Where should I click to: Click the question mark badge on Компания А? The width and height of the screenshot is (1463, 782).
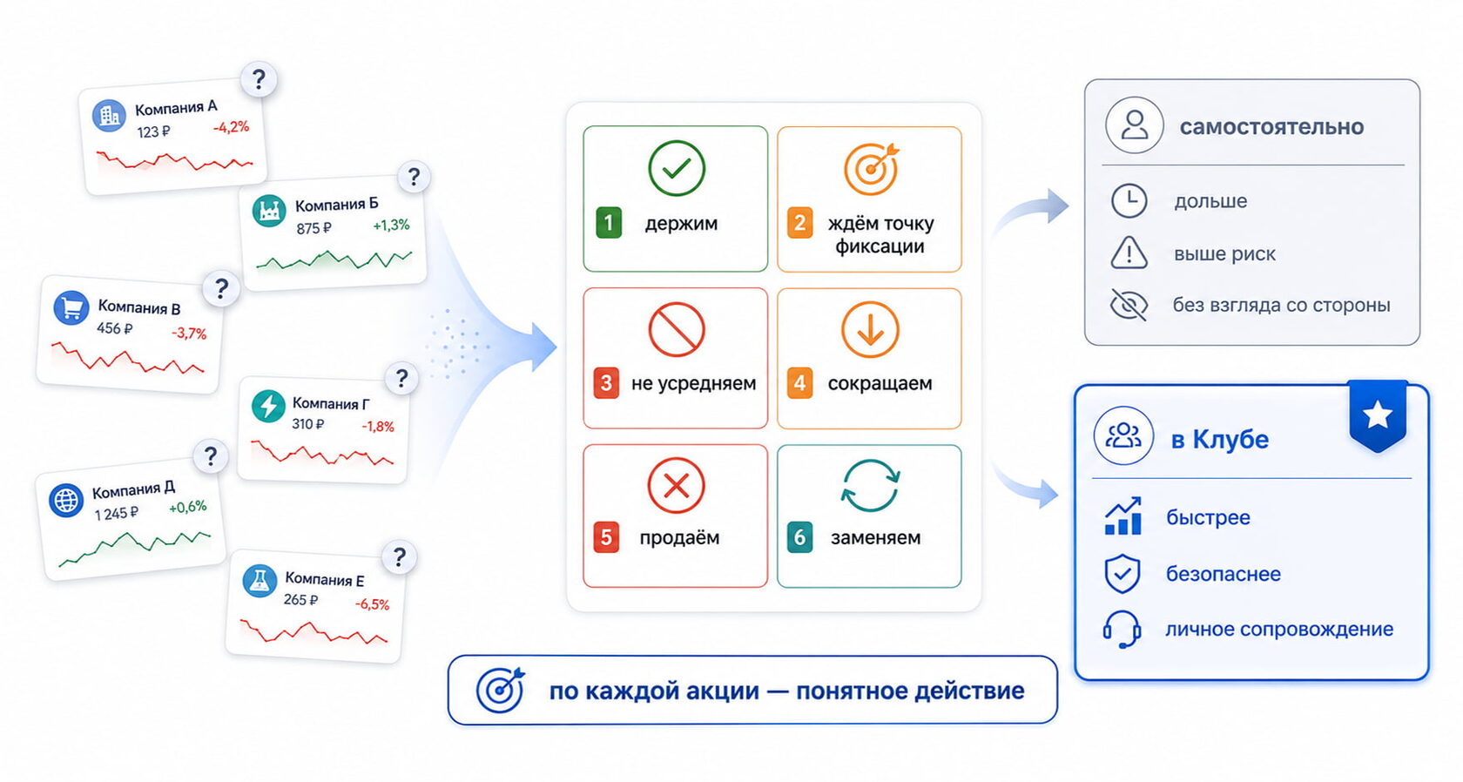click(259, 79)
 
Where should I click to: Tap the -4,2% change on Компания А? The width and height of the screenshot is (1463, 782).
click(232, 127)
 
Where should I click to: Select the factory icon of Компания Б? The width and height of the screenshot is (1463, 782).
click(269, 211)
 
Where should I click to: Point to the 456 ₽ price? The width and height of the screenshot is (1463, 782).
click(114, 328)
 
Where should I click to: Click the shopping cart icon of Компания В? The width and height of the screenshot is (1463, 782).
click(71, 307)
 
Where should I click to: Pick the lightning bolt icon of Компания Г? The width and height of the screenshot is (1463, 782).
click(268, 406)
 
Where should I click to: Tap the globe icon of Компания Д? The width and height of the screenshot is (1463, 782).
click(66, 501)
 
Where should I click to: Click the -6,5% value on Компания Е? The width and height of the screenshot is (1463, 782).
click(373, 604)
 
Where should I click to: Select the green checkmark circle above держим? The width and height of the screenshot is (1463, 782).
click(677, 168)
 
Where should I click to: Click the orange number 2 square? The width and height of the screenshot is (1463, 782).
click(799, 223)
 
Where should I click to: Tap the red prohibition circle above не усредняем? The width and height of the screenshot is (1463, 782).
click(676, 329)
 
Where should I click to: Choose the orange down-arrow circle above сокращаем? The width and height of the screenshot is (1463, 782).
click(870, 329)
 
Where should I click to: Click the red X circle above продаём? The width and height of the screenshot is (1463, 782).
click(676, 485)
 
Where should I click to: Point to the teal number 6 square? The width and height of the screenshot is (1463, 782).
click(799, 537)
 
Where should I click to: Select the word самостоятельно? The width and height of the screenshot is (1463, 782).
click(1271, 127)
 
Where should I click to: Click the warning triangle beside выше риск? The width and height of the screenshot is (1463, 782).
click(1129, 253)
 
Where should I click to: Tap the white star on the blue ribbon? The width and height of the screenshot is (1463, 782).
click(1378, 415)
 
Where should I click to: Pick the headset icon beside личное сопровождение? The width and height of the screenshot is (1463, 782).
click(1122, 629)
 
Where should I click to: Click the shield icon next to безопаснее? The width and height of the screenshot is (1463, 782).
click(1122, 574)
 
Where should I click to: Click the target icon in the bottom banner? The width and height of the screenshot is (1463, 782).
click(500, 690)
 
